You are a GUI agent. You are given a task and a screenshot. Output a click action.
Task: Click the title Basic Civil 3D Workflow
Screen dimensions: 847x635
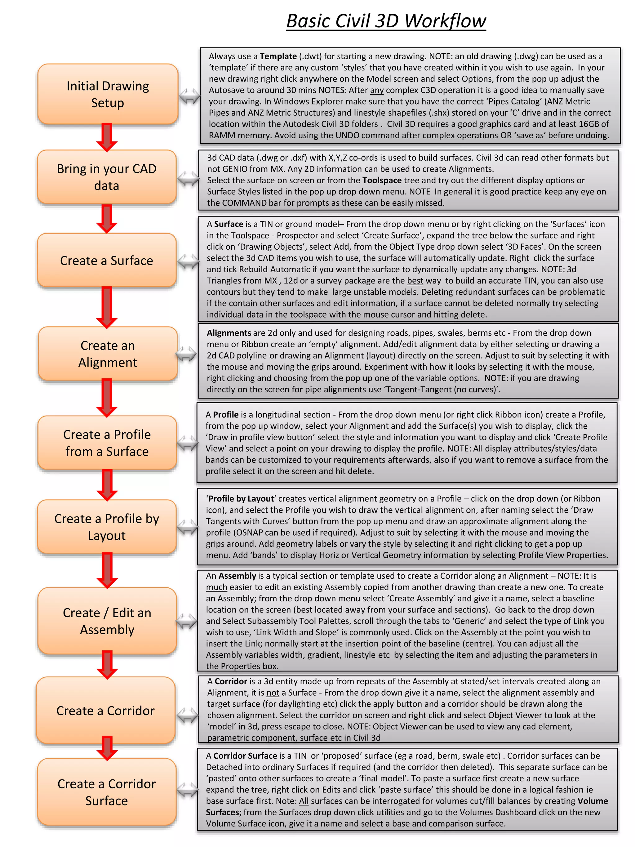tap(386, 21)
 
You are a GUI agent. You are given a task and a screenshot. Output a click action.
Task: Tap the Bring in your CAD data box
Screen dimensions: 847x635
tap(107, 177)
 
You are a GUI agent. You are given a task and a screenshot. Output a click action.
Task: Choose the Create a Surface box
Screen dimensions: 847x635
tap(107, 261)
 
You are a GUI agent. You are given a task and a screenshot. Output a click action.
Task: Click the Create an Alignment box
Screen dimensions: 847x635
tap(108, 354)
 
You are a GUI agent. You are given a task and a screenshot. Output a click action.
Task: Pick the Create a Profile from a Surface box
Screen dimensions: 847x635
tap(107, 443)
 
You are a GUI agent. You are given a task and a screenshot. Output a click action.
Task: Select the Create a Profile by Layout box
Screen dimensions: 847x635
tap(107, 527)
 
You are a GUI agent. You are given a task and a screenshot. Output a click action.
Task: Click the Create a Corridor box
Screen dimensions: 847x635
tap(106, 710)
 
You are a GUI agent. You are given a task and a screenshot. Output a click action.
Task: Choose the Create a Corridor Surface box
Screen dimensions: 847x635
tap(107, 792)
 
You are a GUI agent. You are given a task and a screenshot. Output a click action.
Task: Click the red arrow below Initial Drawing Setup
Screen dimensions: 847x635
tap(107, 137)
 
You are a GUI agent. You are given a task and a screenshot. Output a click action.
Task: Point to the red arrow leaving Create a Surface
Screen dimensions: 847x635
tap(107, 307)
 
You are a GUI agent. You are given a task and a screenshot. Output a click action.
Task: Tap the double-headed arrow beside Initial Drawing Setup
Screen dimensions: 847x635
tap(189, 96)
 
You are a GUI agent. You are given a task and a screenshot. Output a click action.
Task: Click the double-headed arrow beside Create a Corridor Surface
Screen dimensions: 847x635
tap(188, 790)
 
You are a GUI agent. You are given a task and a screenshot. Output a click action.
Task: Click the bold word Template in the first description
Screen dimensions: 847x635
tap(278, 56)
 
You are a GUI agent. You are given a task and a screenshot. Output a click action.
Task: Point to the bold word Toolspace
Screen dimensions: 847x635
tap(382, 181)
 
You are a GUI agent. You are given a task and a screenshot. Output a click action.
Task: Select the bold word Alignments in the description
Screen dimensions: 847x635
tap(229, 333)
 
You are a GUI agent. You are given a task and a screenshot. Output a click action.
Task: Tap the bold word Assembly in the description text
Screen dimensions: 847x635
tap(237, 576)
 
